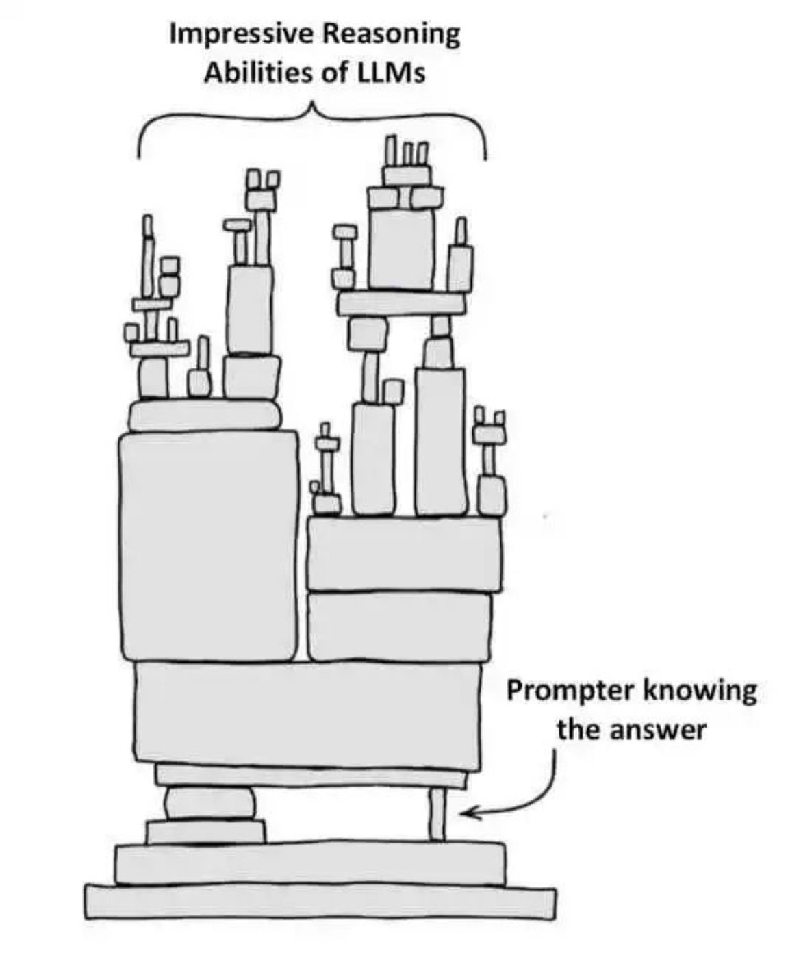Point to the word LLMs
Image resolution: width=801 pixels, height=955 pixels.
[x=390, y=73]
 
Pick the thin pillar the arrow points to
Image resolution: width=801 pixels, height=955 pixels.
[x=437, y=815]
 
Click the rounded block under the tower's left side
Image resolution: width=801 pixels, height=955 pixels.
[x=209, y=802]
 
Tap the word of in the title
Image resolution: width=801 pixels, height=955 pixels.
[x=335, y=73]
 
